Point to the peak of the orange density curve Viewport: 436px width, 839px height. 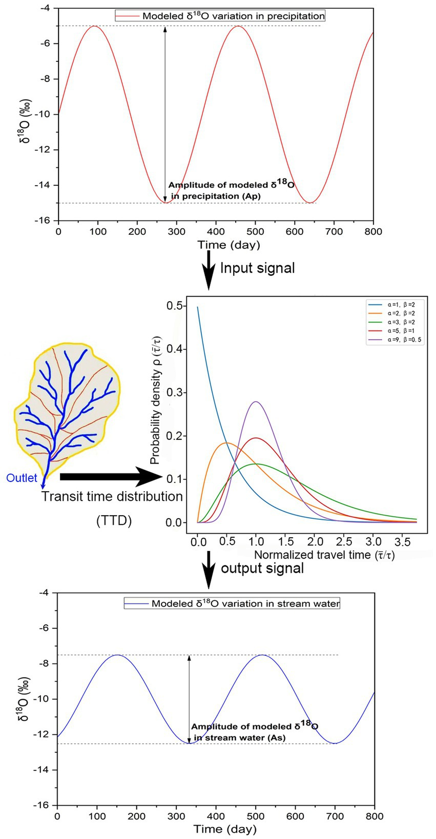click(227, 443)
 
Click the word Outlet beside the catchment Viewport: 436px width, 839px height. click(22, 478)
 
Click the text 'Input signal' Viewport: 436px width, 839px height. click(257, 268)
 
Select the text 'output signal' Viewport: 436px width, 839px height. click(262, 568)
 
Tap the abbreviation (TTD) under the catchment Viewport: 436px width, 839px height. click(114, 521)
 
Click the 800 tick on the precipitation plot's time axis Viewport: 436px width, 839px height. click(373, 231)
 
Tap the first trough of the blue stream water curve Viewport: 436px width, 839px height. click(189, 743)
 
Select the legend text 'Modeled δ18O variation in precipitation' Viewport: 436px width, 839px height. click(233, 16)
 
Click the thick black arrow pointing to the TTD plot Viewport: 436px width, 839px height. click(110, 477)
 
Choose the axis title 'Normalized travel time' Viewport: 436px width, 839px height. click(324, 555)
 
